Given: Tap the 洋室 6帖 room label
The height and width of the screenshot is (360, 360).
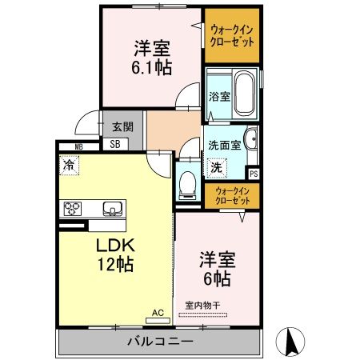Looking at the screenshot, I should point(216,269).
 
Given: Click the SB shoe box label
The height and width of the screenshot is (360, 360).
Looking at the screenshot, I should point(114,145).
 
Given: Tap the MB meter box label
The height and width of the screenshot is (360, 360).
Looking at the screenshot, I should point(78,146).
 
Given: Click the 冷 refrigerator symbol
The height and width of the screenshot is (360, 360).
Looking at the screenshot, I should point(69,166).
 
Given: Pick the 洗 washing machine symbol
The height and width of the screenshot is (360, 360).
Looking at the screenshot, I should point(215,168).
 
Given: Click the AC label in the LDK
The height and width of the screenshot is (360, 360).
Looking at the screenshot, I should point(158,314).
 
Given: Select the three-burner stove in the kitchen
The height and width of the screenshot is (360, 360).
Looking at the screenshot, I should point(73,209).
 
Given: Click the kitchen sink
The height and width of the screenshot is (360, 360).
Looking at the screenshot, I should point(112,210).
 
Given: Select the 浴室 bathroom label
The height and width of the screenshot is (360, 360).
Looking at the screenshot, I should point(219,96).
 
